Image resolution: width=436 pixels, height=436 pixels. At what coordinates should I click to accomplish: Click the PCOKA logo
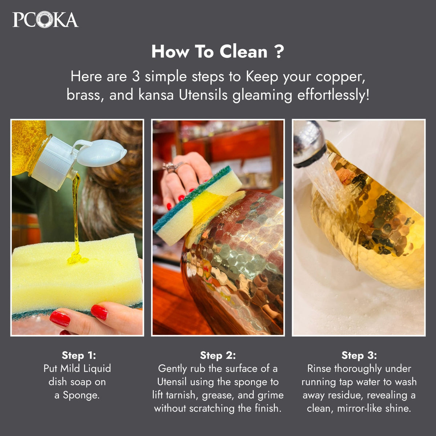pos(45,20)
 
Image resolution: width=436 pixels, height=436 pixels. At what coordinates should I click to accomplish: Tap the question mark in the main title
pos(280,52)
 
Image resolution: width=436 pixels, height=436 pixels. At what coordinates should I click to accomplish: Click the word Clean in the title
pos(243,52)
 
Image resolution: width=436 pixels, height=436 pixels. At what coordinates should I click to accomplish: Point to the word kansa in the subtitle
pos(156,95)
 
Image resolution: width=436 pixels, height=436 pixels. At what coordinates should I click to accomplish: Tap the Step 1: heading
pos(79,355)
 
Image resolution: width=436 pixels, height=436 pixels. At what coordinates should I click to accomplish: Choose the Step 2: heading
pos(218,355)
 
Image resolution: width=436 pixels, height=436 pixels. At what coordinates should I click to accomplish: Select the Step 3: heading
pos(359,355)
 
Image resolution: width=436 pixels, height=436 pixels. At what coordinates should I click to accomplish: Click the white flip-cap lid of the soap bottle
pos(102,153)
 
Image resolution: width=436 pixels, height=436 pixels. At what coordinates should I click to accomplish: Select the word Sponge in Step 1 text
pos(81,396)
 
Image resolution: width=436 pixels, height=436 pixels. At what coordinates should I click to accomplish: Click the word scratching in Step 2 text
pos(212,409)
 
